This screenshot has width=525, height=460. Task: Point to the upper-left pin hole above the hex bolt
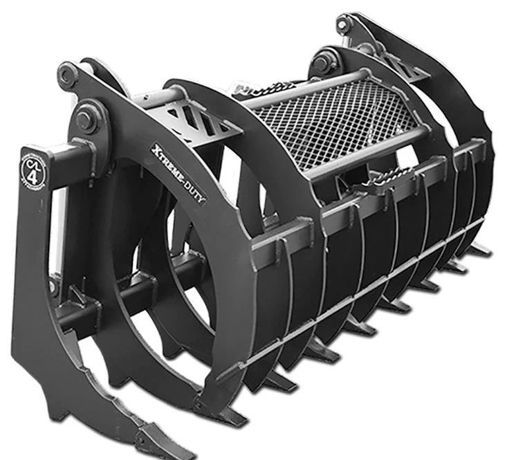click(x=66, y=72)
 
